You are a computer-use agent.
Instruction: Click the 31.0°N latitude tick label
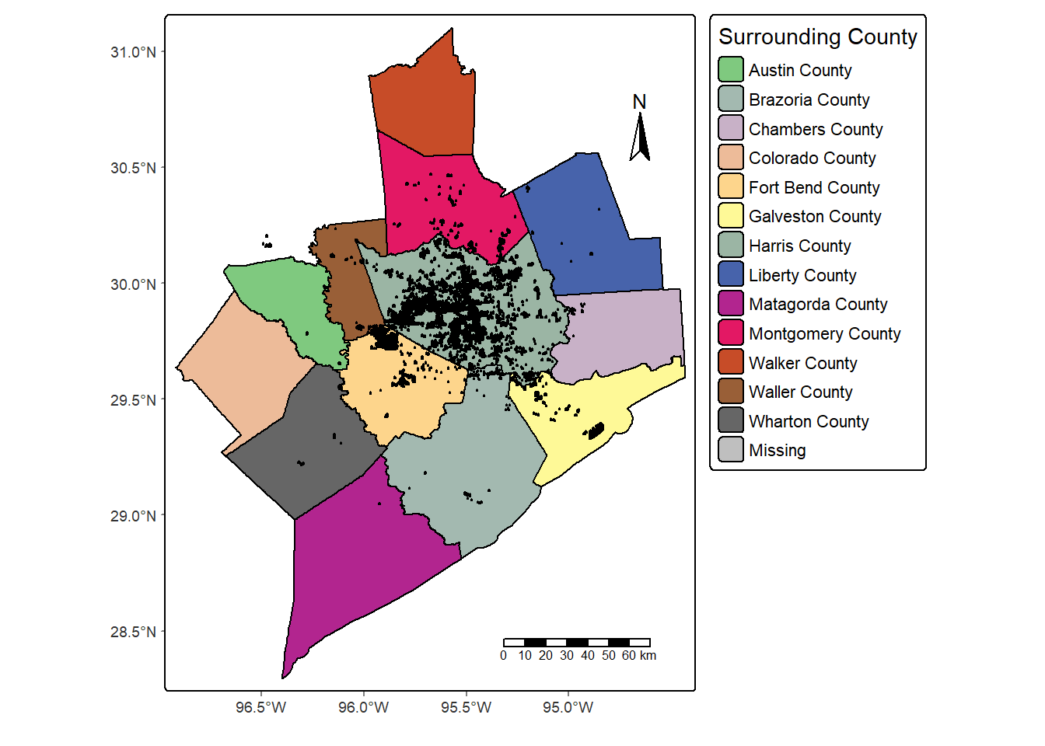pos(133,52)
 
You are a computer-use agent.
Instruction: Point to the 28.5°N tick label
pos(133,632)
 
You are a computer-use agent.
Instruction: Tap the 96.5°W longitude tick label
pos(261,707)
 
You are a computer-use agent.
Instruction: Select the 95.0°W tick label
pos(568,707)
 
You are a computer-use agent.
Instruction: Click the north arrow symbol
pos(640,138)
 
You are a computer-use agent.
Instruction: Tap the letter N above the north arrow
pos(639,102)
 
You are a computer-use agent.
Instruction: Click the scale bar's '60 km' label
pos(639,656)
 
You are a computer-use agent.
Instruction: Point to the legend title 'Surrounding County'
pos(817,37)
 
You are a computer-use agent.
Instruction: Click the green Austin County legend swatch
pos(730,70)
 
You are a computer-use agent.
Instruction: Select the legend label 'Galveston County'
pos(815,217)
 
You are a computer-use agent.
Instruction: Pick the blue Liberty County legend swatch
pos(730,275)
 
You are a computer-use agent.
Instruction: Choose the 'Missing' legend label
pos(777,451)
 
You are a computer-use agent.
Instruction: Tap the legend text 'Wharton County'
pos(809,421)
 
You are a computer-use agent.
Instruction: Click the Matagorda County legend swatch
pos(730,304)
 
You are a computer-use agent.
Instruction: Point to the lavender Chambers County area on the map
pos(622,334)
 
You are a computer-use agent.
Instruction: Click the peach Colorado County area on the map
pos(241,365)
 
